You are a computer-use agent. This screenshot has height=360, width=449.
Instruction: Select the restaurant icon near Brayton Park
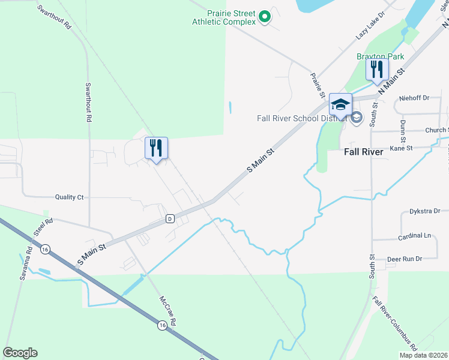click(x=377, y=70)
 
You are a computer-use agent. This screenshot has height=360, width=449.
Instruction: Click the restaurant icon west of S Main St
click(x=157, y=148)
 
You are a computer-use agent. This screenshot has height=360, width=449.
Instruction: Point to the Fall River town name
click(x=363, y=152)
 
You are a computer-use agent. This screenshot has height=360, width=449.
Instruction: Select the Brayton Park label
click(x=380, y=56)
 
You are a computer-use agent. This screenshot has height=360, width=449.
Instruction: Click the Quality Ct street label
click(x=69, y=197)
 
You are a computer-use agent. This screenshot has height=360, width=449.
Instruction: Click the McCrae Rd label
click(x=167, y=310)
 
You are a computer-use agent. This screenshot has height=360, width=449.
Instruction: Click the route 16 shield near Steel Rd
click(x=44, y=248)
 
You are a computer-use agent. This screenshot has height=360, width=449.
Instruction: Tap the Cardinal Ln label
click(x=414, y=236)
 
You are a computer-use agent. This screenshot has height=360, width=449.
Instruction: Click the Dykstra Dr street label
click(x=424, y=211)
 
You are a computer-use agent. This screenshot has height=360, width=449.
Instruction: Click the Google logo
click(x=20, y=353)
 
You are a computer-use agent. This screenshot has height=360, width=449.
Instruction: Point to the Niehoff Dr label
click(x=415, y=97)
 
